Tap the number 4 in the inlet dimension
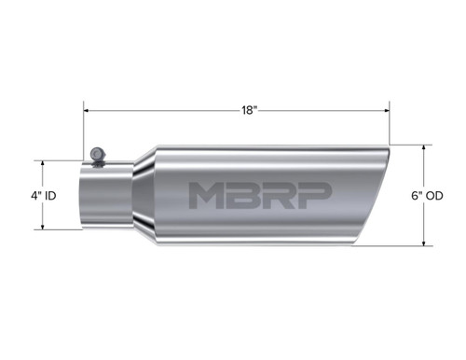34,198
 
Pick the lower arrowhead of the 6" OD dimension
429,245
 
